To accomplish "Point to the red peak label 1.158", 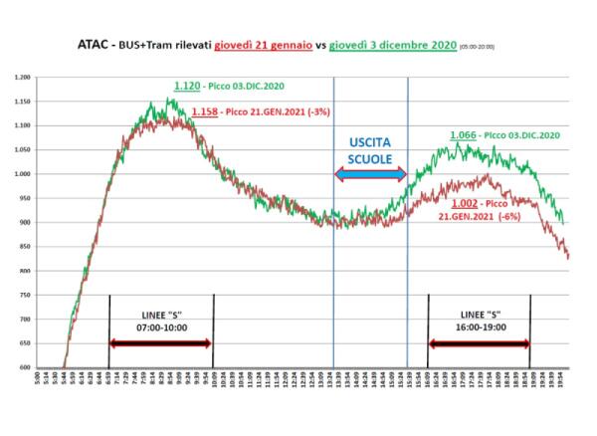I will pos(205,111).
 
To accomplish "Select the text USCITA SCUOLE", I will pos(370,151).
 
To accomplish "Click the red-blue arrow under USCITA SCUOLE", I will pos(370,175).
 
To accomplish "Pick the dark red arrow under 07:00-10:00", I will pos(160,343).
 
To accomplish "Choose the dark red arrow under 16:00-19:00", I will pos(480,343).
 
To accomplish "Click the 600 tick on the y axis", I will pos(25,367).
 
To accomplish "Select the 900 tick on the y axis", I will pos(25,222).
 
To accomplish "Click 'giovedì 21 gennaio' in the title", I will pos(265,45).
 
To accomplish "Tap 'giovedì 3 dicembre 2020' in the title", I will pos(393,45).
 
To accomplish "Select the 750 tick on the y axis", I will pos(25,295).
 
